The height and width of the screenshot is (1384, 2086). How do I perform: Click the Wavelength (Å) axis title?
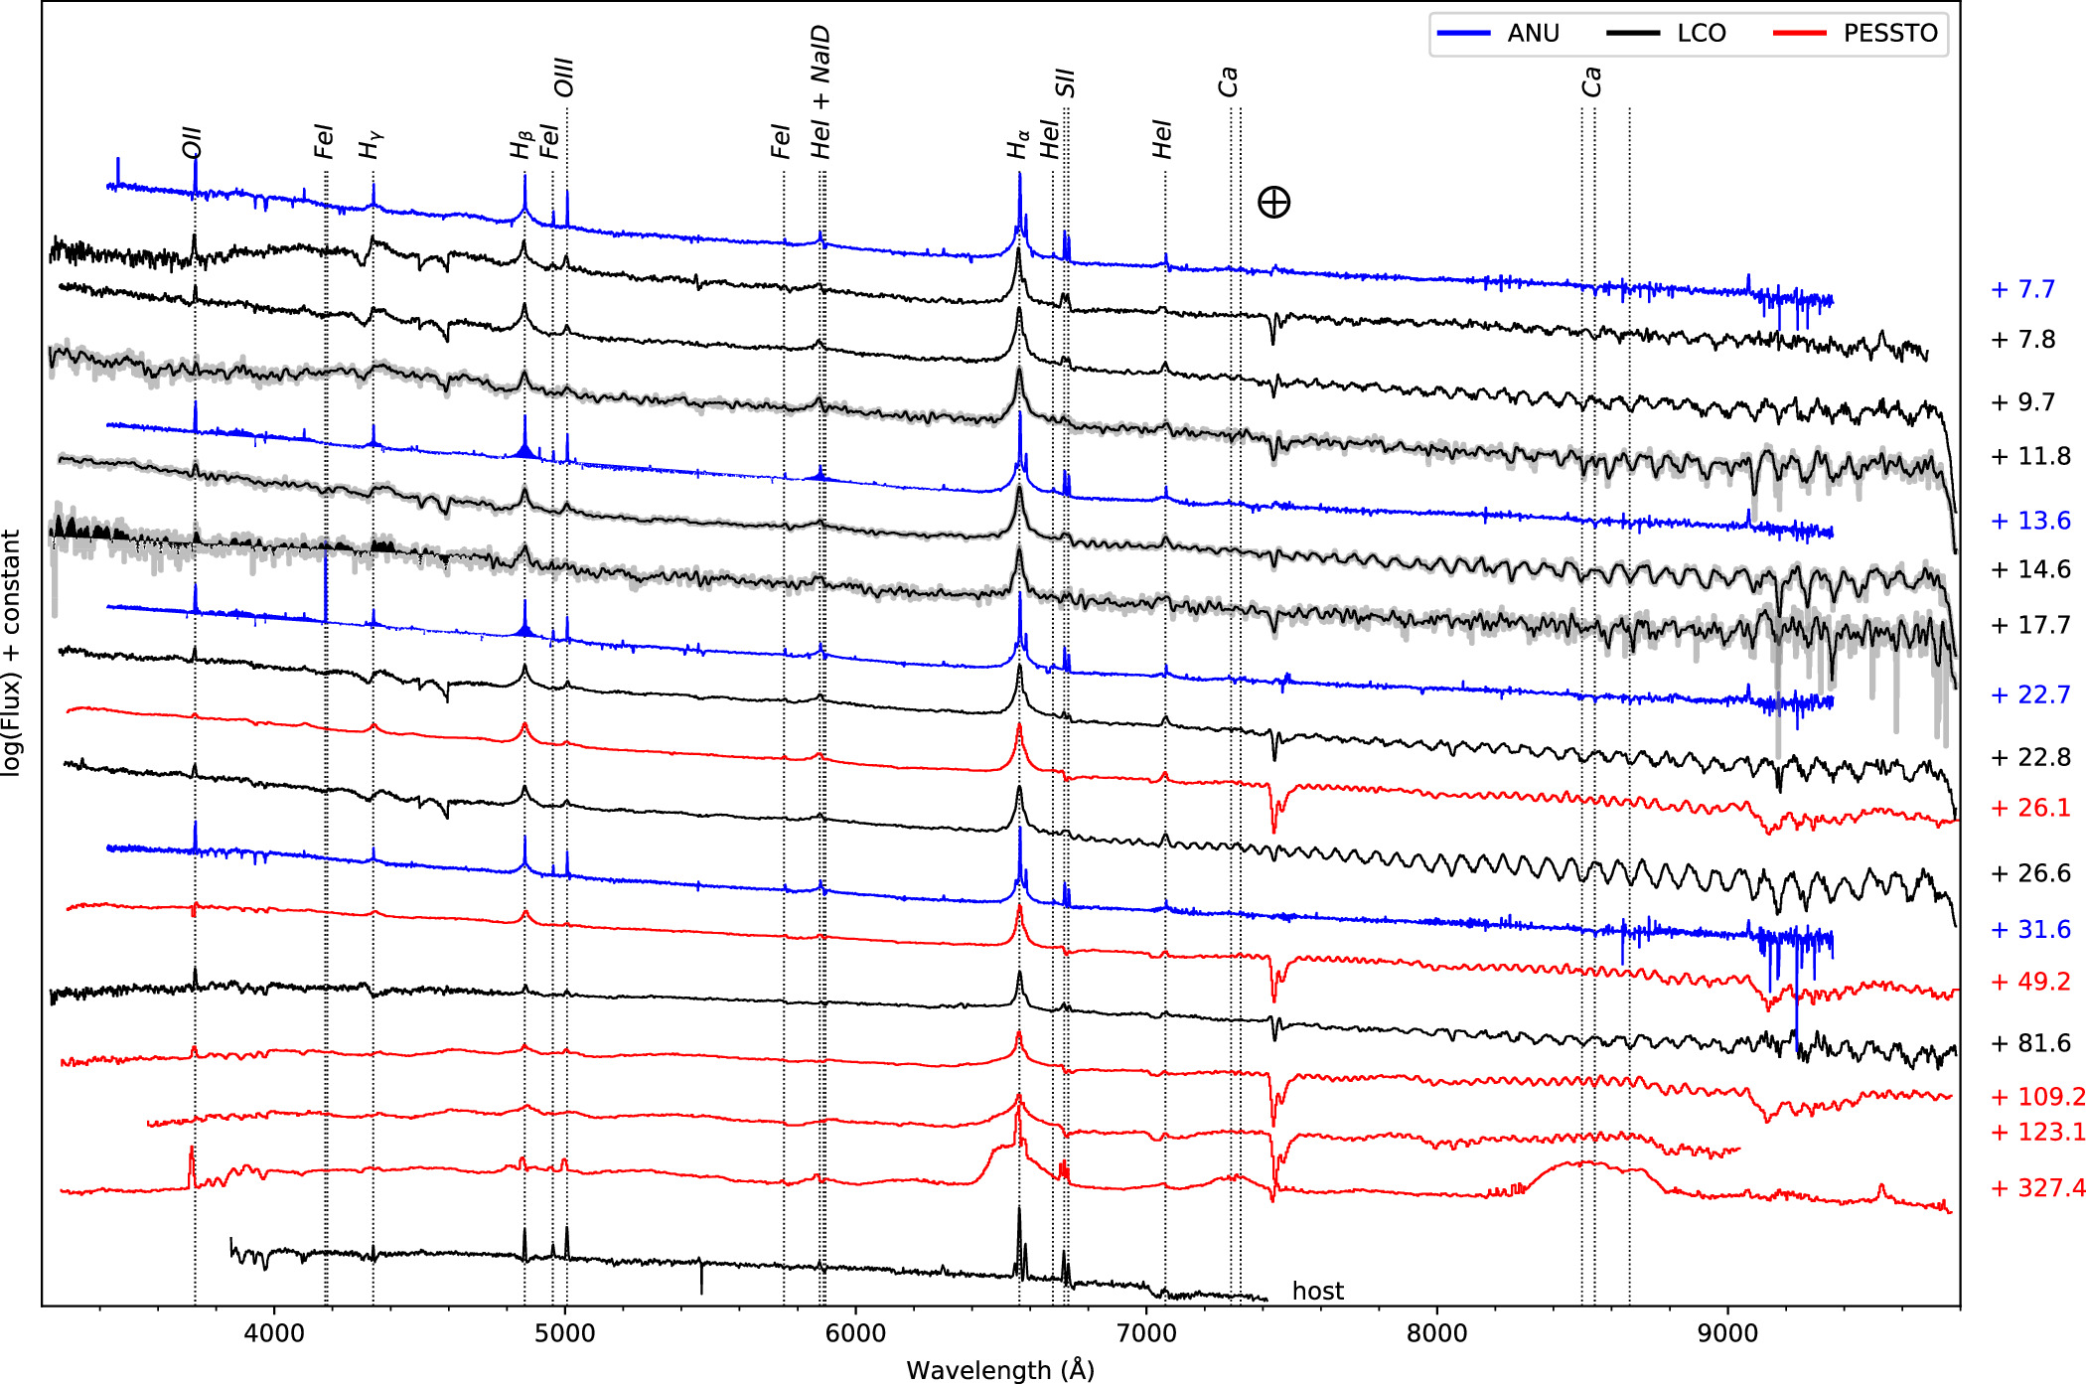(x=999, y=1370)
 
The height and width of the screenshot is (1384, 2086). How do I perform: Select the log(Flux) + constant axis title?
(x=12, y=652)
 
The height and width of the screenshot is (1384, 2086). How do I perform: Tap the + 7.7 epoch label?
(x=2022, y=289)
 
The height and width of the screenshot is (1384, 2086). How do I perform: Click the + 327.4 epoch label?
(x=2036, y=1187)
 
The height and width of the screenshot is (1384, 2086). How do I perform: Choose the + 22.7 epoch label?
(x=2030, y=694)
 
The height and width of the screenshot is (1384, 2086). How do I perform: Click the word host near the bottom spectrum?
(x=1317, y=1291)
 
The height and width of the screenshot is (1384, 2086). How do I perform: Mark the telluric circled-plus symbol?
(x=1273, y=203)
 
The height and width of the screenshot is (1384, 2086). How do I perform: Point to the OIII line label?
(x=564, y=77)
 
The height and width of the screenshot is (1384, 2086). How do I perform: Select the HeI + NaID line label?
(x=820, y=92)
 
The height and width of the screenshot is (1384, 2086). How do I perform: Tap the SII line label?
(x=1066, y=82)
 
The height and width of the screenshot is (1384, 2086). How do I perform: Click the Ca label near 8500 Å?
(x=1591, y=81)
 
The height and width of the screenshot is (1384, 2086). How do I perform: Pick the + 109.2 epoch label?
(x=2036, y=1096)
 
